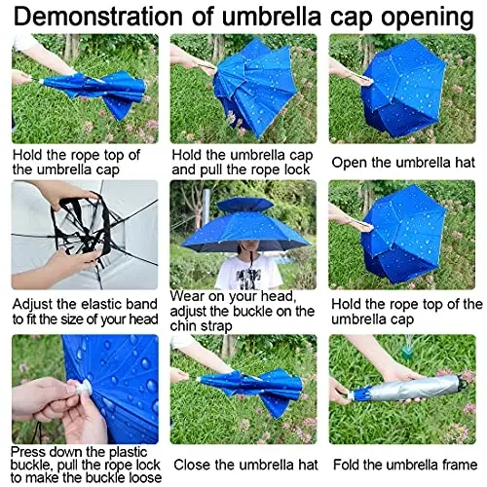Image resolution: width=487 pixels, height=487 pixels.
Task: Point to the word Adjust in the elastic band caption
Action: (36, 304)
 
